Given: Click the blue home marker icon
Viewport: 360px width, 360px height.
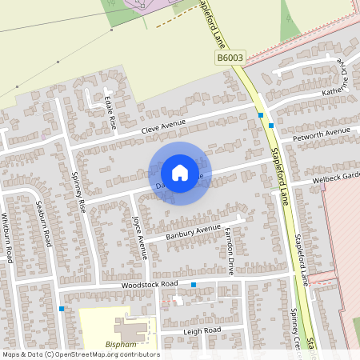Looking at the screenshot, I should [x=180, y=173].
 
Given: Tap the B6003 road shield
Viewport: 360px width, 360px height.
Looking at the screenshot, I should [x=229, y=58].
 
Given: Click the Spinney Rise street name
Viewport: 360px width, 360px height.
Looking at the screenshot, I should [x=78, y=191].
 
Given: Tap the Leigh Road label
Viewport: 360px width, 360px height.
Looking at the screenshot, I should [x=202, y=330].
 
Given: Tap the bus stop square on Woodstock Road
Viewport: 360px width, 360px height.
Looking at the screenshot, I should [x=194, y=285].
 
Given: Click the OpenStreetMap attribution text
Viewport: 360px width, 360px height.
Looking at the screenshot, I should [x=80, y=354].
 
